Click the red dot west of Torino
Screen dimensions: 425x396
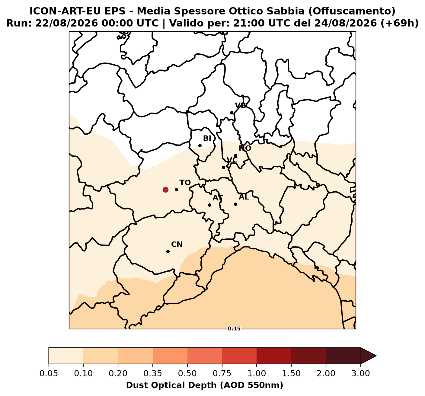click(x=165, y=190)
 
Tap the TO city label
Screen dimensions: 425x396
click(x=185, y=183)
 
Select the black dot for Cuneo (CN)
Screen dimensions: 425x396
click(x=168, y=251)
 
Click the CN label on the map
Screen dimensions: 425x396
click(x=177, y=244)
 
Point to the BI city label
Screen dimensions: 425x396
click(x=207, y=138)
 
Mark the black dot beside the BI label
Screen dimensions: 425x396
click(x=200, y=145)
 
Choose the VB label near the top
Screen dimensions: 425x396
click(x=241, y=105)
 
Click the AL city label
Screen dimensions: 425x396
click(x=244, y=197)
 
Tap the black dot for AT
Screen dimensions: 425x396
click(x=209, y=205)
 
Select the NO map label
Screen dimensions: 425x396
click(x=245, y=148)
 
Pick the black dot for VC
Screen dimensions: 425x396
click(x=223, y=167)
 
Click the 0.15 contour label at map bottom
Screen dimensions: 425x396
click(x=234, y=329)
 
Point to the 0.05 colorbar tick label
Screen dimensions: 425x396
click(x=49, y=374)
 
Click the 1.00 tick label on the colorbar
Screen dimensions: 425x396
click(x=257, y=374)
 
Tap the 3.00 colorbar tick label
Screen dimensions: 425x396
click(x=361, y=374)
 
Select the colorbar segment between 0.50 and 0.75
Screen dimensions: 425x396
click(x=205, y=356)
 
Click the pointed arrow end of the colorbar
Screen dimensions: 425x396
click(x=376, y=356)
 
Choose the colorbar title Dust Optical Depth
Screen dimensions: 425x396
click(x=205, y=385)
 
